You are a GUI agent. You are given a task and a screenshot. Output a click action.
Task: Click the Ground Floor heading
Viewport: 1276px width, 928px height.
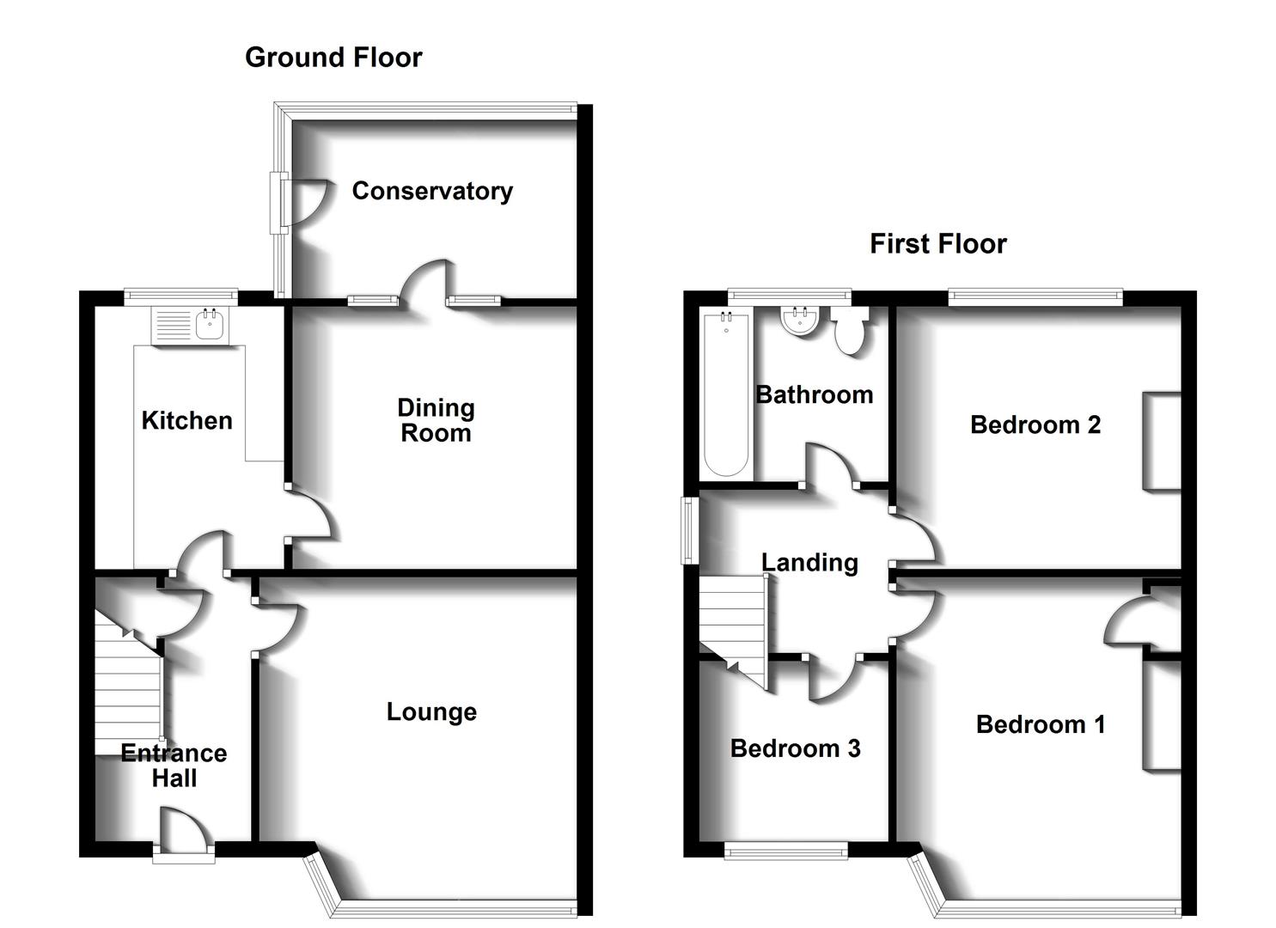[x=333, y=58]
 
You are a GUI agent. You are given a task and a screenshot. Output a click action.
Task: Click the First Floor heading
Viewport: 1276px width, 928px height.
[x=937, y=244]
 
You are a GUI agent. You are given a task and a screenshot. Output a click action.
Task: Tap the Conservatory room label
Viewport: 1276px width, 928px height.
[x=432, y=191]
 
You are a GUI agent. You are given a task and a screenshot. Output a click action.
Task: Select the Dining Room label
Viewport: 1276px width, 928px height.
[x=436, y=420]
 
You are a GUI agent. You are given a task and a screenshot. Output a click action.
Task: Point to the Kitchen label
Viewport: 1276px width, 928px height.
[x=186, y=420]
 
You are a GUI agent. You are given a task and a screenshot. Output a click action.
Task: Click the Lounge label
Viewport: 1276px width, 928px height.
[x=431, y=711]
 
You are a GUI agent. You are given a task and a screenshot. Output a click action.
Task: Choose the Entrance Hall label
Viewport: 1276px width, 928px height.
[x=174, y=766]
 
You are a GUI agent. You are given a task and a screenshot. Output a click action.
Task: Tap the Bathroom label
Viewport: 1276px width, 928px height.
[x=814, y=394]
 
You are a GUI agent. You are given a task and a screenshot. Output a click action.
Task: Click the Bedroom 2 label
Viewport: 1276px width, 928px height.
[x=1035, y=424]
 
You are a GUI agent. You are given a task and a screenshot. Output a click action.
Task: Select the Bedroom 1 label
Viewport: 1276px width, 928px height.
[x=1040, y=724]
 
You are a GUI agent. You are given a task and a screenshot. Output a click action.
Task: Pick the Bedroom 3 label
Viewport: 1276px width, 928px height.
[x=795, y=748]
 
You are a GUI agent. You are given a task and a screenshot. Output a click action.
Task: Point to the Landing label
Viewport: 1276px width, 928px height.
[x=809, y=563]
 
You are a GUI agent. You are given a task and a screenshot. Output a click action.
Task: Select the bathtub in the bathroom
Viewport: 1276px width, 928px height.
[x=726, y=394]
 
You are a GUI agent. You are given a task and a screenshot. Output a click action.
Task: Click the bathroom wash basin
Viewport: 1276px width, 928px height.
[x=801, y=321]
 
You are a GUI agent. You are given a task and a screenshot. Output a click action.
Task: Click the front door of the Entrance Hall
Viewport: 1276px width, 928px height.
[x=184, y=832]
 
